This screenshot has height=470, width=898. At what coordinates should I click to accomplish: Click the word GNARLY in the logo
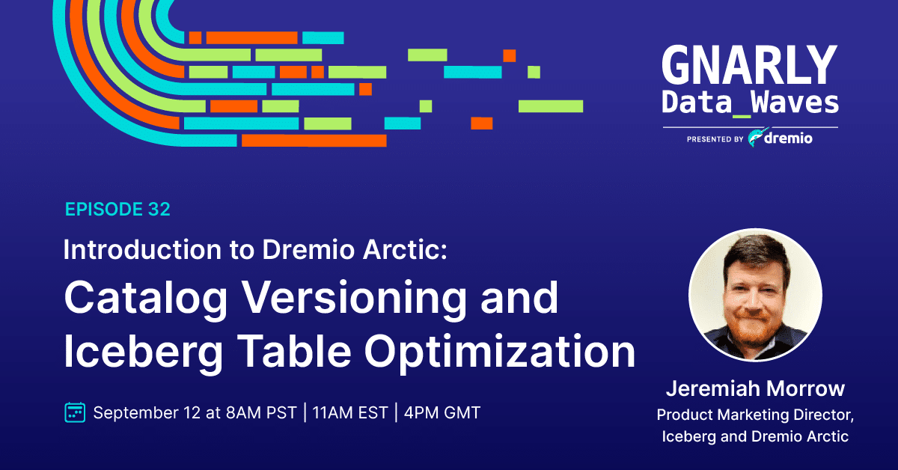point(750,64)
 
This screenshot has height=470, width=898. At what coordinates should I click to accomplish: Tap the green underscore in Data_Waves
point(742,116)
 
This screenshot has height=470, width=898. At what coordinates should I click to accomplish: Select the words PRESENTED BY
point(715,139)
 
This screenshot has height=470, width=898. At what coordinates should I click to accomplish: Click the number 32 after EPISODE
point(159,210)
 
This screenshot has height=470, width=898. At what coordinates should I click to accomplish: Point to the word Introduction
point(142,249)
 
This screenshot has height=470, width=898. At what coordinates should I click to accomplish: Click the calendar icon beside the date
point(75,412)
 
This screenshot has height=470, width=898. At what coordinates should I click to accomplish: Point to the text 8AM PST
point(261,412)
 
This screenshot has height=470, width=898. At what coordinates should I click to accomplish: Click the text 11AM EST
point(350,412)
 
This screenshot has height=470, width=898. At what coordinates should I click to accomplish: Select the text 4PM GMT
point(442,412)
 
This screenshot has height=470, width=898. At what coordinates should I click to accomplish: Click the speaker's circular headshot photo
point(755,295)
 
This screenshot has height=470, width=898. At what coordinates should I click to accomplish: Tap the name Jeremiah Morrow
point(755,388)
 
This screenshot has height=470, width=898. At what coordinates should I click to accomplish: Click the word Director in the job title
point(823,415)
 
